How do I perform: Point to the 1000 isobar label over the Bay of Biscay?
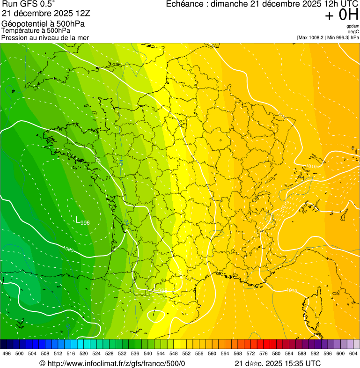[68, 249]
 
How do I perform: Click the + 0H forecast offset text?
[341, 15]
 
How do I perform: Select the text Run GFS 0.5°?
[29, 4]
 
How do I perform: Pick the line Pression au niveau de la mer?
[45, 37]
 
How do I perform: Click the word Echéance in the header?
[186, 4]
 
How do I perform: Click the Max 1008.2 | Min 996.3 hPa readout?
[328, 37]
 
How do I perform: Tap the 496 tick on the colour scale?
[7, 354]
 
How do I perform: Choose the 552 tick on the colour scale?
[186, 354]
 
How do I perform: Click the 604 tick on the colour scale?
[353, 354]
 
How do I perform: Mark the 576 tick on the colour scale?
[263, 354]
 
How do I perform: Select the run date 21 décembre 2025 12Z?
[49, 14]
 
